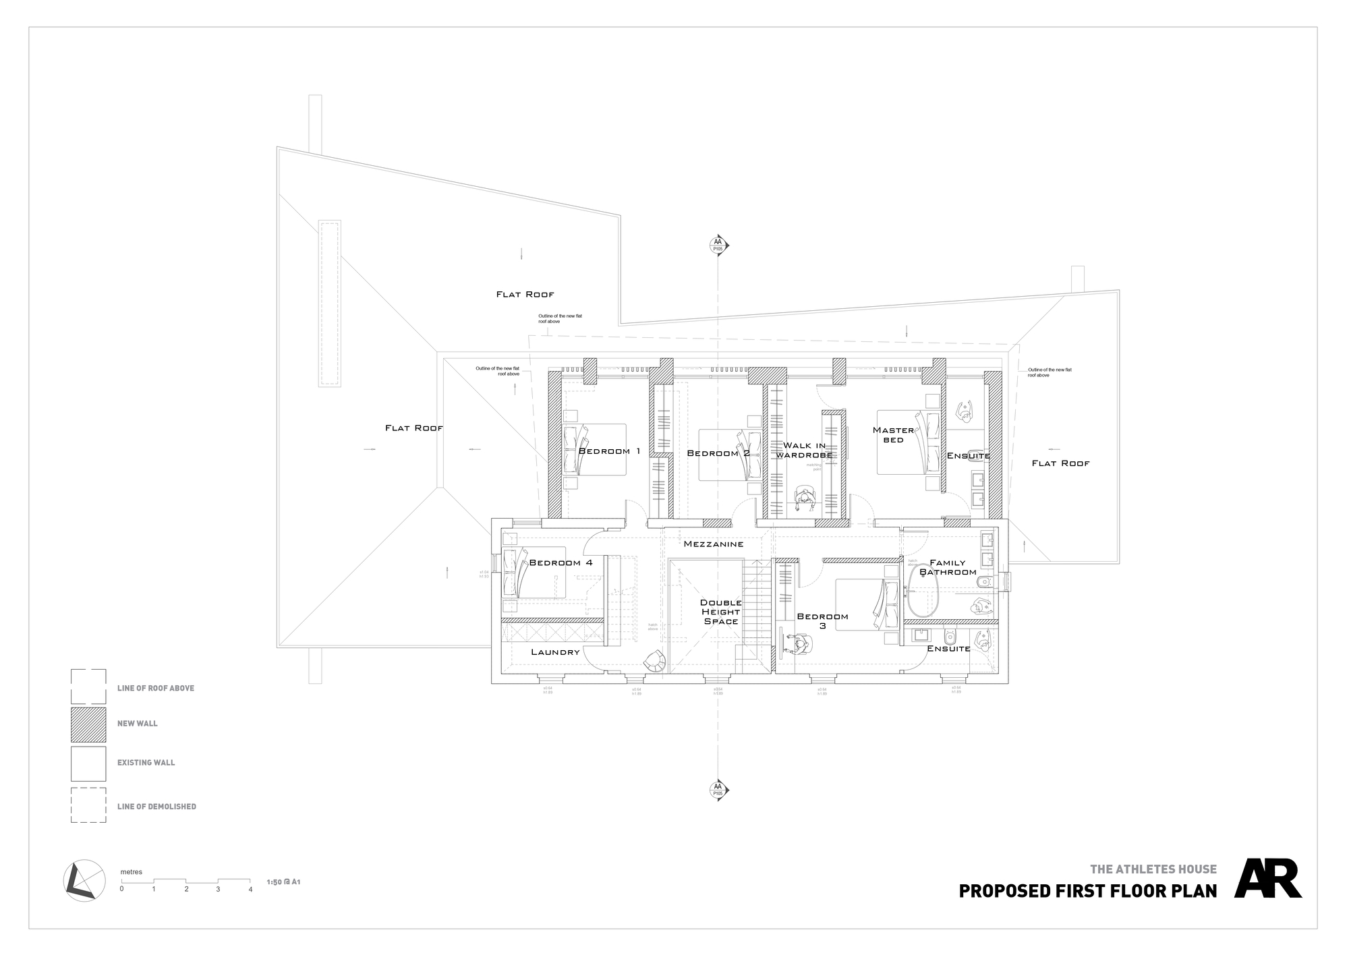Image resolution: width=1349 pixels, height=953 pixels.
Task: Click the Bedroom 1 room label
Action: pyautogui.click(x=609, y=451)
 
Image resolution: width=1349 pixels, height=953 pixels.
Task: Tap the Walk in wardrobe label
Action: pyautogui.click(x=804, y=451)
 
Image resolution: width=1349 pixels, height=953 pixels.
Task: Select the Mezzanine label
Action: pyautogui.click(x=713, y=544)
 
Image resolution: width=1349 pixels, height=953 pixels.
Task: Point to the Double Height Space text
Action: pyautogui.click(x=720, y=612)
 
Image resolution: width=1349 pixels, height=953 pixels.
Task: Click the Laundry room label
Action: pyautogui.click(x=555, y=652)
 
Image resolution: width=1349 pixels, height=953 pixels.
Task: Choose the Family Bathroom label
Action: pyautogui.click(x=948, y=567)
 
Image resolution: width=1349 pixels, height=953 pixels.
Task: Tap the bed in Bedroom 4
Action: pyautogui.click(x=533, y=572)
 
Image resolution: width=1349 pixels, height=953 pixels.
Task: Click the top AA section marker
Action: pyautogui.click(x=718, y=245)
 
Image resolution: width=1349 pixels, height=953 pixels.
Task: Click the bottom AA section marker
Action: pyautogui.click(x=718, y=790)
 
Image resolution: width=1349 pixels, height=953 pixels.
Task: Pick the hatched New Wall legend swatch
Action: pyautogui.click(x=88, y=724)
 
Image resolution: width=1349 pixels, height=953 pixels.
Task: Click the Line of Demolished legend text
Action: pyautogui.click(x=156, y=807)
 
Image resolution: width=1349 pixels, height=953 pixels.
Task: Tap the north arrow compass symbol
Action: pyautogui.click(x=84, y=880)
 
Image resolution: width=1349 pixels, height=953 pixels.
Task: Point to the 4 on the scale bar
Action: pyautogui.click(x=250, y=890)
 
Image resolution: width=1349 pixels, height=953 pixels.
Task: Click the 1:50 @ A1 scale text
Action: pyautogui.click(x=283, y=882)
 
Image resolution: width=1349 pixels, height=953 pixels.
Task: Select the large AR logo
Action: pyautogui.click(x=1267, y=878)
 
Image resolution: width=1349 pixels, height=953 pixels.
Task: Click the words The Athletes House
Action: pyautogui.click(x=1153, y=869)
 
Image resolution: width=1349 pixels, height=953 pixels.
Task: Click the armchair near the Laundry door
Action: pyautogui.click(x=654, y=662)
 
